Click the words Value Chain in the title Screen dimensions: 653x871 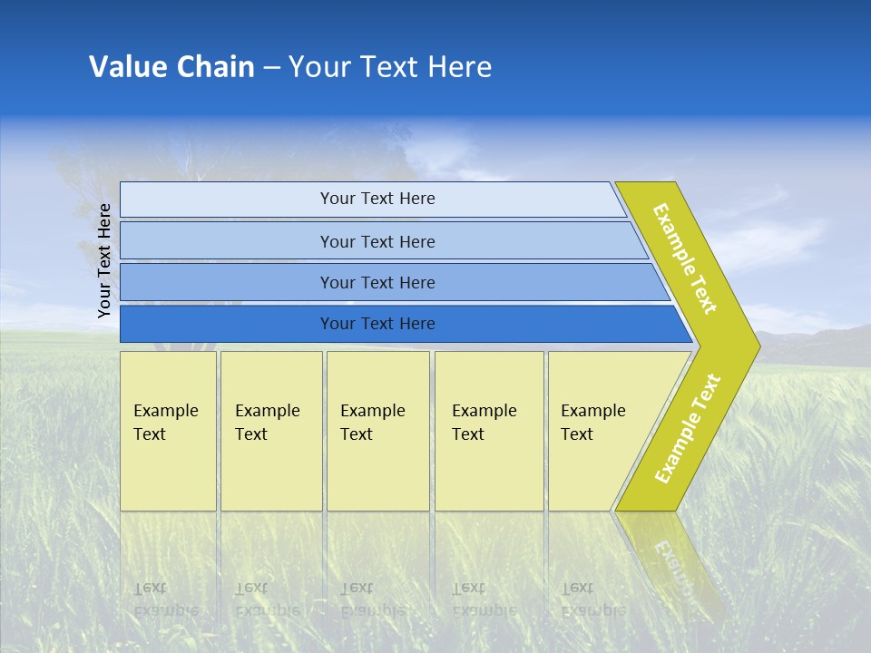171,67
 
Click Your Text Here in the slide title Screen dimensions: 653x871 390,67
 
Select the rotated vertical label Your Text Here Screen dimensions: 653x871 105,260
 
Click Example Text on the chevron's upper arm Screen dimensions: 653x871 685,258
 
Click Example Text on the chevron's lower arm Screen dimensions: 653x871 688,428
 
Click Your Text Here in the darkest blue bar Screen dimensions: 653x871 377,324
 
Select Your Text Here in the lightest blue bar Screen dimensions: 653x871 377,199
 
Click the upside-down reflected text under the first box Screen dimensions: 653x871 165,599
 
